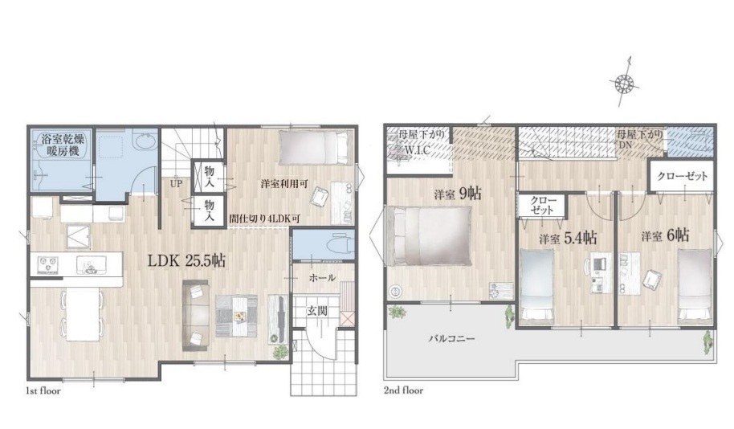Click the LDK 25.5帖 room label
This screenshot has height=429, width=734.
[187, 260]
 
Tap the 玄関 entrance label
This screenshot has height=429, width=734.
[317, 311]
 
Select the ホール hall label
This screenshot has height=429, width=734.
[322, 278]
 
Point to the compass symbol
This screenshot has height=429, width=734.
[624, 84]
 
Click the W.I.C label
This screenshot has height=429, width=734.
[418, 151]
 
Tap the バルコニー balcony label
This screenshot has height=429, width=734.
[452, 337]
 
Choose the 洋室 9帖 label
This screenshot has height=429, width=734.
[458, 194]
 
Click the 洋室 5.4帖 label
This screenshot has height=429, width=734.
[568, 239]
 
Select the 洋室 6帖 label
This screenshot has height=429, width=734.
[665, 235]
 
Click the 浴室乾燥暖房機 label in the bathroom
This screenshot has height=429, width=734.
[63, 145]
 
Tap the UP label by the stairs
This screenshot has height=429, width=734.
[176, 184]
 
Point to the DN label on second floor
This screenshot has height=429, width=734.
[625, 145]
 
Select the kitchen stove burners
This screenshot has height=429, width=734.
[46, 264]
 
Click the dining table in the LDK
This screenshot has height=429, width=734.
[83, 313]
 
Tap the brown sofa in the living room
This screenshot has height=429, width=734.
[194, 315]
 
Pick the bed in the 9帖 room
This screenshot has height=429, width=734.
[428, 236]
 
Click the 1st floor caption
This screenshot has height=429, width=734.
[43, 390]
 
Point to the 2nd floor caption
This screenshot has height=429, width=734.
[403, 390]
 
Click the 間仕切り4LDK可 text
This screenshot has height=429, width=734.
[264, 219]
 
